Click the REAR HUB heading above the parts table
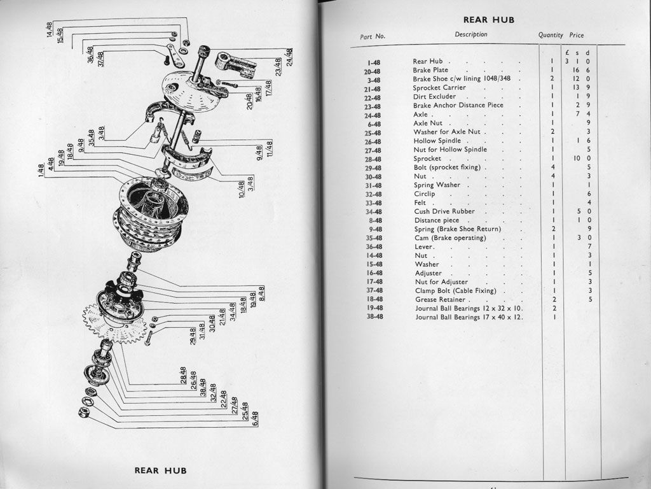(x=488, y=20)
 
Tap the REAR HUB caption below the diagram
(x=160, y=471)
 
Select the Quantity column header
(x=551, y=36)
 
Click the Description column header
(x=471, y=34)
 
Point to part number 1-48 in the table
(x=373, y=62)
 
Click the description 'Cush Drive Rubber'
(x=444, y=211)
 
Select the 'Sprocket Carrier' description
(x=439, y=88)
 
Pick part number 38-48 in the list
(x=373, y=316)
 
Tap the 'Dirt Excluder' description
(x=435, y=97)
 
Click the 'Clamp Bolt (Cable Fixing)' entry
(x=456, y=291)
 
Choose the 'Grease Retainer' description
(x=442, y=299)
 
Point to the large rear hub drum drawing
(x=153, y=213)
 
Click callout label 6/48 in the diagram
(x=256, y=418)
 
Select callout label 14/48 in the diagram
(x=50, y=30)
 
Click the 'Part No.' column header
(x=373, y=36)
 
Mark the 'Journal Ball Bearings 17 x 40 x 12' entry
(x=469, y=317)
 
